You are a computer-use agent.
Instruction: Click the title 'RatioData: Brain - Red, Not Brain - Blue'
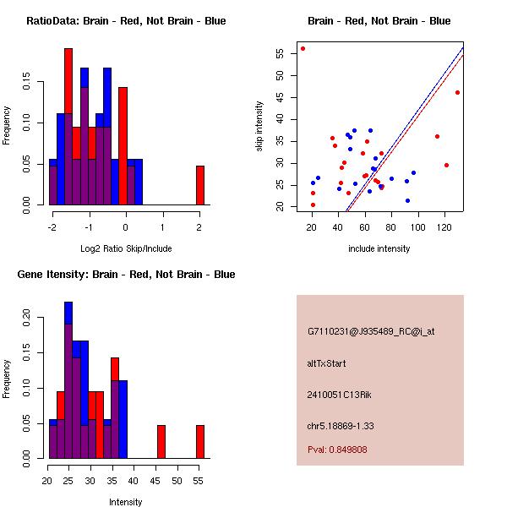[x=126, y=21]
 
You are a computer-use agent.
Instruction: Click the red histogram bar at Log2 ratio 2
[x=200, y=185]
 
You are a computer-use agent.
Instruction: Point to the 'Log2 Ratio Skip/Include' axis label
[x=126, y=248]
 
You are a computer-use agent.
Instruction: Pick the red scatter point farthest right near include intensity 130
[x=457, y=92]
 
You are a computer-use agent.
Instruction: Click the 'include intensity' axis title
[x=379, y=248]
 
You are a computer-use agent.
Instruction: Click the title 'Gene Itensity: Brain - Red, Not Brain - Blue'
[x=126, y=275]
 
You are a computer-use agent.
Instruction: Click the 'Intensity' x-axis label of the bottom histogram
[x=126, y=502]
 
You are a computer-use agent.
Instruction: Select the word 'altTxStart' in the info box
[x=326, y=363]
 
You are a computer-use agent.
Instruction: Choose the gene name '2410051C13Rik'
[x=336, y=395]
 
